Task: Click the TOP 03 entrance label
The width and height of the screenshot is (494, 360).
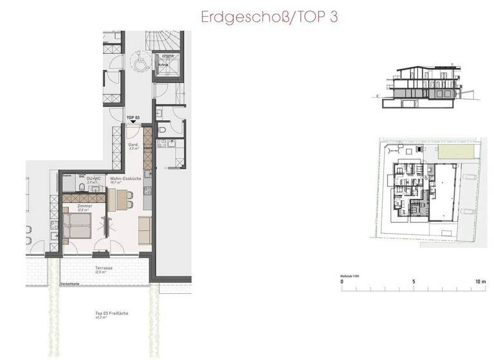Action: tap(133, 116)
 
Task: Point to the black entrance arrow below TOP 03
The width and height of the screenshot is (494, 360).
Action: tap(133, 122)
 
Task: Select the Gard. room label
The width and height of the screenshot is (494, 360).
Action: tap(134, 146)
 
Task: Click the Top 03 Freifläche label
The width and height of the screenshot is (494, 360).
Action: tap(107, 313)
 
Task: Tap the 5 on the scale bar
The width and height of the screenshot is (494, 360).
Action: tap(414, 282)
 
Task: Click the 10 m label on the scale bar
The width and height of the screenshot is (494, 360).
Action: tap(480, 282)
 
